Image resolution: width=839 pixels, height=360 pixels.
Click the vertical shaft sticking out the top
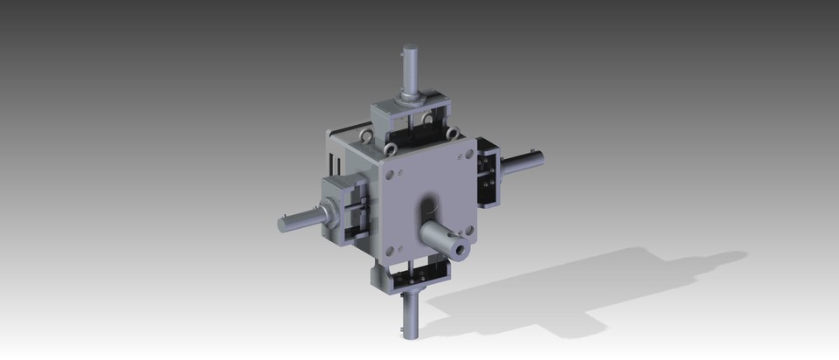(x=410, y=66)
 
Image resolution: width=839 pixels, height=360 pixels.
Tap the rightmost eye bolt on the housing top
(x=454, y=132)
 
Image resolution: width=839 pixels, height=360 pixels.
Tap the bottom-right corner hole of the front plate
(x=468, y=232)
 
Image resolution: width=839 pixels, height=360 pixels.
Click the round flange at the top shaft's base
(x=410, y=96)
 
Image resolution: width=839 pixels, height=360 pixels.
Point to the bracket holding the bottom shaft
(x=411, y=277)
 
